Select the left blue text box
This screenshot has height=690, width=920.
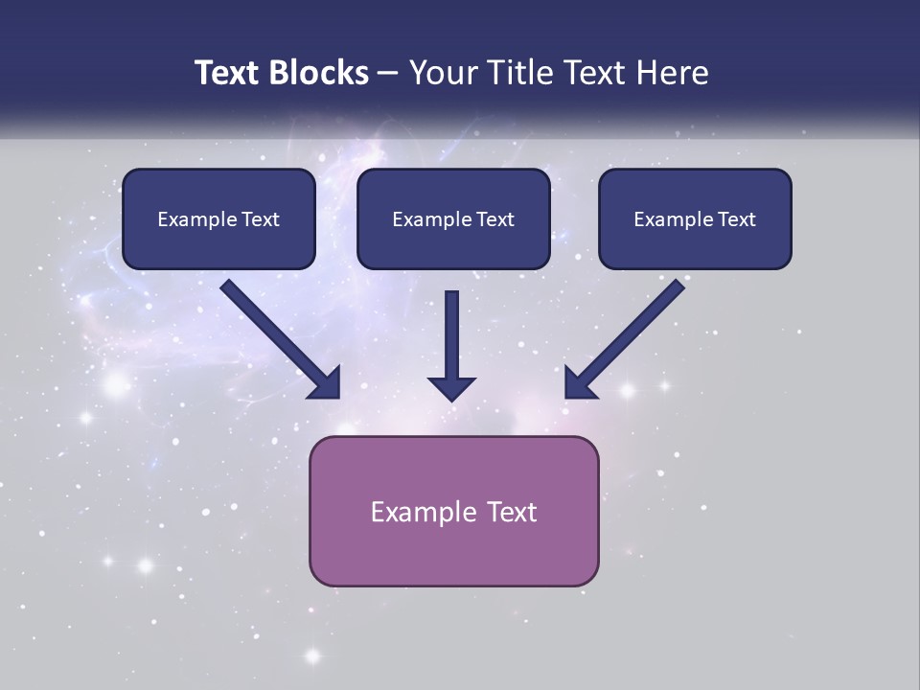point(218,219)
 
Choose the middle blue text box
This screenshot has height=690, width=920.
point(453,219)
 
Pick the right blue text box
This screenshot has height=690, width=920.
point(695,219)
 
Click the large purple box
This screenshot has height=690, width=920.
point(453,511)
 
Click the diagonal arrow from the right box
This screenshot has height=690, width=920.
point(626,338)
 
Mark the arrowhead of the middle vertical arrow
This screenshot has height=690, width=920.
point(452,387)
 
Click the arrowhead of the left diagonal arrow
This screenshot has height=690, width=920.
point(327,384)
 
